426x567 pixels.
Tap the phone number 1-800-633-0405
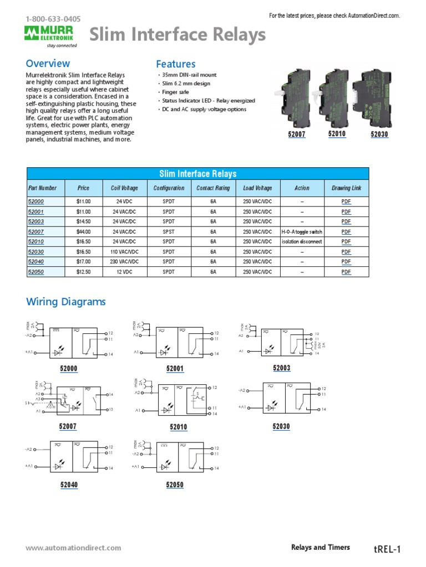pyautogui.click(x=53, y=19)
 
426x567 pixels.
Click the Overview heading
pyautogui.click(x=48, y=64)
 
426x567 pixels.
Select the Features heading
pyautogui.click(x=175, y=64)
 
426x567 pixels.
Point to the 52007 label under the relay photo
pyautogui.click(x=297, y=135)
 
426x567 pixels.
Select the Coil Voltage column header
pyautogui.click(x=124, y=188)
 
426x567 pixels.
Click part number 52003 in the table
pyautogui.click(x=35, y=221)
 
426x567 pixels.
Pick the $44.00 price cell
pyautogui.click(x=83, y=231)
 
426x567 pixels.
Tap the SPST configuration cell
pyautogui.click(x=169, y=231)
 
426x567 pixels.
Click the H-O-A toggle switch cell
pyautogui.click(x=302, y=231)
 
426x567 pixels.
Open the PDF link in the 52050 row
pyautogui.click(x=346, y=272)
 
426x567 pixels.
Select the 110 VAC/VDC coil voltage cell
pyautogui.click(x=124, y=252)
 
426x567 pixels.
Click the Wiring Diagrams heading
pyautogui.click(x=66, y=302)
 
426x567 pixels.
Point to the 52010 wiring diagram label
pyautogui.click(x=178, y=427)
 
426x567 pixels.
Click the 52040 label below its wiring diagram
pyautogui.click(x=69, y=485)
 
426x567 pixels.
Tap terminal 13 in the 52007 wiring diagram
pyautogui.click(x=110, y=409)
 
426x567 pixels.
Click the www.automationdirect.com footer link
pyautogui.click(x=73, y=548)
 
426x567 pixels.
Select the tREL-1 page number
pyautogui.click(x=387, y=549)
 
